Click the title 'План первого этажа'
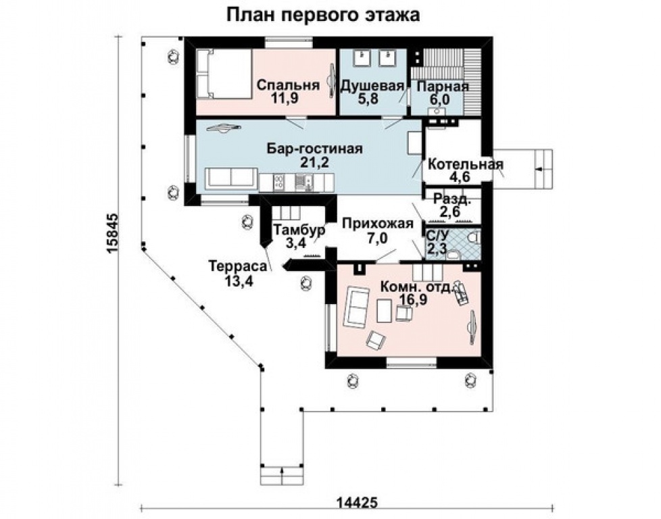click(x=322, y=15)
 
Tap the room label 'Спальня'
click(x=287, y=86)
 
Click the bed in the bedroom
click(x=222, y=74)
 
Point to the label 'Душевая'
click(x=372, y=86)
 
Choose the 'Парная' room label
click(x=443, y=86)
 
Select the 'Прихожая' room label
click(x=376, y=224)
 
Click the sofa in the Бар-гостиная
click(x=230, y=178)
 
